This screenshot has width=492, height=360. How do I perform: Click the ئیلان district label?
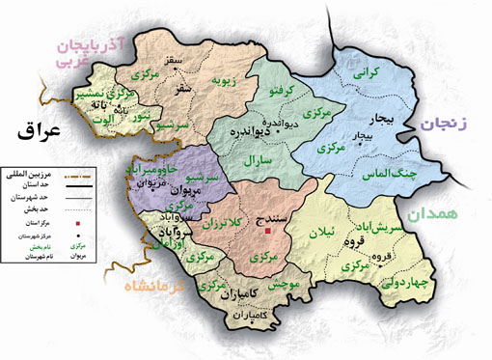pyautogui.click(x=319, y=232)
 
